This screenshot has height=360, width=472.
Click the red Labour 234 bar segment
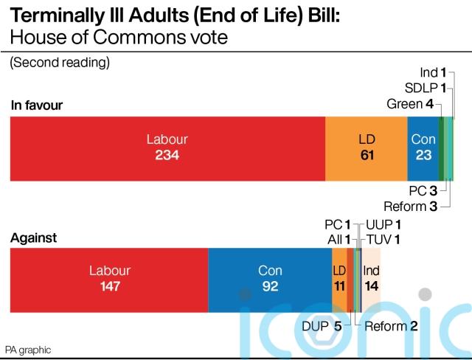[x=167, y=148]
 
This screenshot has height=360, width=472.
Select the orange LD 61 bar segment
[x=366, y=148]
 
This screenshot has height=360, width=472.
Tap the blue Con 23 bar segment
[x=423, y=148]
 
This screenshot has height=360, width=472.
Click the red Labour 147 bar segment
[x=109, y=278]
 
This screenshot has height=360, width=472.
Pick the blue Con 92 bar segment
[x=270, y=278]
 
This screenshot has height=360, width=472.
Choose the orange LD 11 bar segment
[x=339, y=278]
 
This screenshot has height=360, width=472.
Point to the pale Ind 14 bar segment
[x=371, y=278]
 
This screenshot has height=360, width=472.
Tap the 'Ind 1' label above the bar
[x=433, y=72]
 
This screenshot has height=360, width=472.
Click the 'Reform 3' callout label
[x=411, y=207]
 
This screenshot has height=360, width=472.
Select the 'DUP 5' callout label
[x=321, y=326]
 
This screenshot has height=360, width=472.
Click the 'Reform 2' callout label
[x=392, y=326]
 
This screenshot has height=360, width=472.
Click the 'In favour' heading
[x=37, y=105]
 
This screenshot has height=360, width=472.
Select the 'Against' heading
[x=33, y=238]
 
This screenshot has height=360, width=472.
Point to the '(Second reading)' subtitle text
[x=59, y=63]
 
